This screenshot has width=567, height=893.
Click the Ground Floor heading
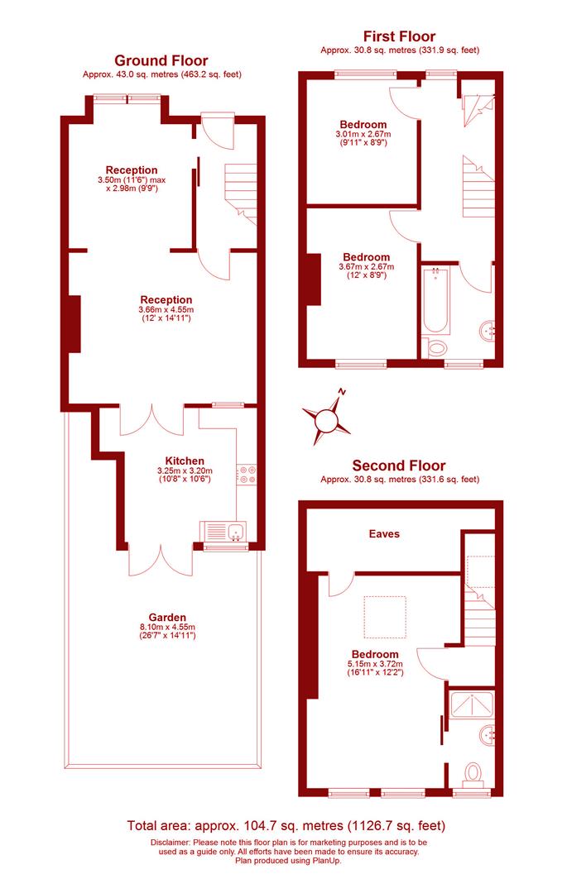coord(161,60)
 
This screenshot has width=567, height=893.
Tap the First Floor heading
coord(399,36)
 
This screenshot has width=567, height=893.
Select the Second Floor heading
coord(398,466)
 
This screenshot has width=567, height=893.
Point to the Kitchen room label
coord(185,461)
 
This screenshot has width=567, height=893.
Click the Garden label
coord(167,617)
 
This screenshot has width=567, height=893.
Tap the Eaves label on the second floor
coord(384,534)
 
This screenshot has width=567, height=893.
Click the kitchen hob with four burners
coord(247,474)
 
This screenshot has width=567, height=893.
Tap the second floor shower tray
coord(470,704)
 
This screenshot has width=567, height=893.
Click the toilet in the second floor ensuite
coord(473,774)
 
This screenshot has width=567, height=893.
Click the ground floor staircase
coord(240,189)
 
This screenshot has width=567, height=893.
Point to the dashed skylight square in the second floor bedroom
coord(384,617)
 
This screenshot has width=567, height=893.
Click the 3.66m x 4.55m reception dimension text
coord(166,310)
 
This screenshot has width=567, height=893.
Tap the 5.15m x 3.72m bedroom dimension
coord(368,663)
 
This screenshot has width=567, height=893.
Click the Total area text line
coord(286,825)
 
